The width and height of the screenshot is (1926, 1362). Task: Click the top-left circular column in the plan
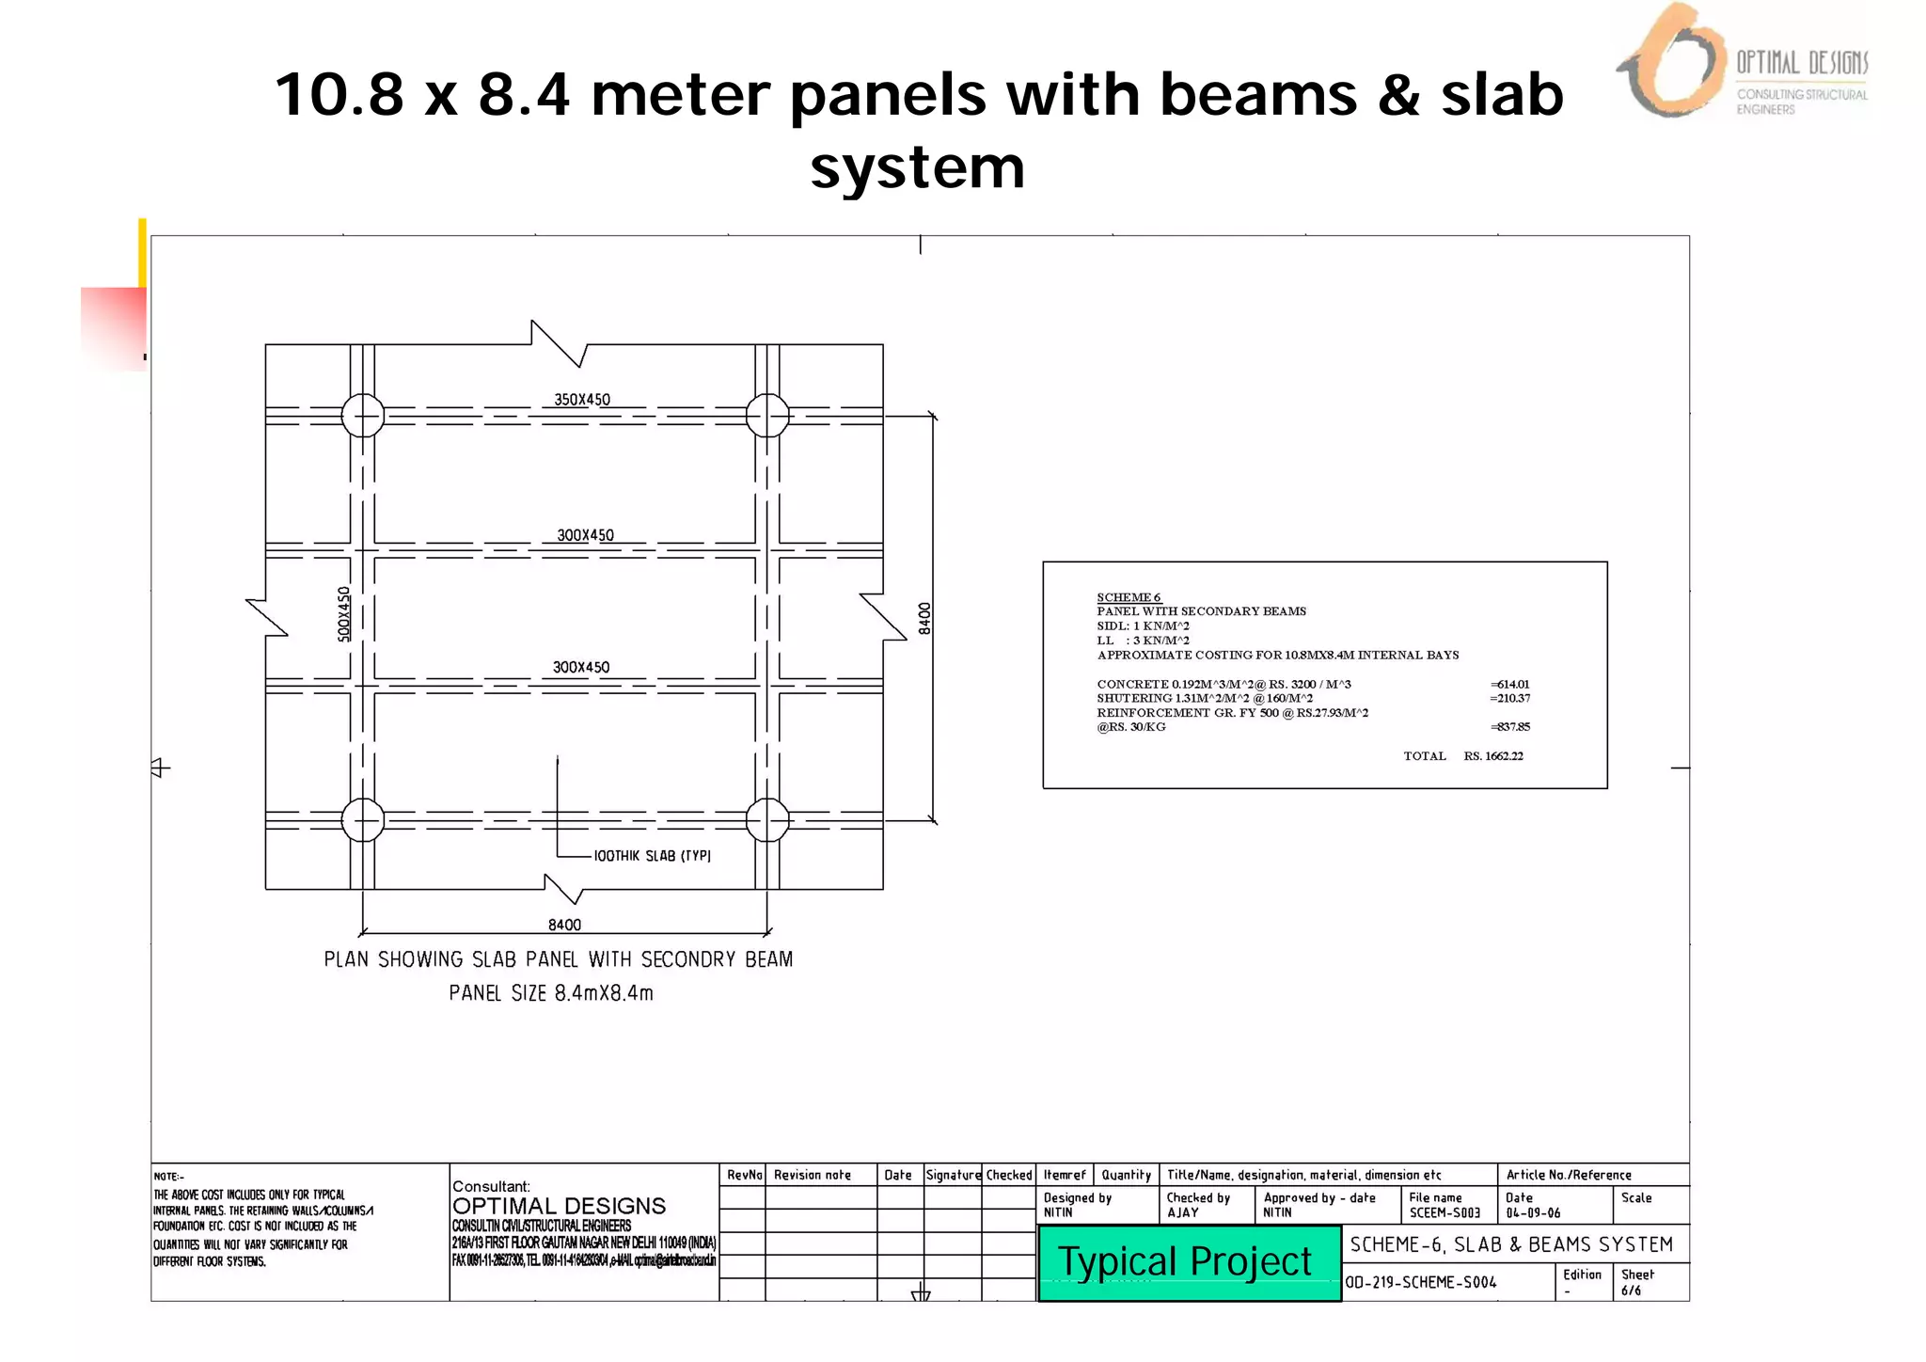click(363, 416)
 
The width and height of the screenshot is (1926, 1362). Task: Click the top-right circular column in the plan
click(767, 416)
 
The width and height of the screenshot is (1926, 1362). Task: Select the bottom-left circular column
click(363, 820)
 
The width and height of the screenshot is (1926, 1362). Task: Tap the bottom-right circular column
click(767, 820)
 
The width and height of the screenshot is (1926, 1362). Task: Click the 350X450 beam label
click(582, 400)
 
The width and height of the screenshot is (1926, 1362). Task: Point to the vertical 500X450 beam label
click(344, 614)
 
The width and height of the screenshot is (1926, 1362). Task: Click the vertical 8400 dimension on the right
click(924, 618)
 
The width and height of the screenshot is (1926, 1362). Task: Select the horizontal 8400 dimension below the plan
click(564, 925)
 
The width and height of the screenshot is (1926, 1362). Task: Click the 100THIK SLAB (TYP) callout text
click(652, 856)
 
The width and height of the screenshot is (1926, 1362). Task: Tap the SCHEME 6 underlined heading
click(1129, 597)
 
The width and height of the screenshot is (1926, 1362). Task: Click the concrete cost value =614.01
click(1509, 684)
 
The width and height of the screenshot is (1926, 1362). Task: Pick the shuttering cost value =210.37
click(1509, 698)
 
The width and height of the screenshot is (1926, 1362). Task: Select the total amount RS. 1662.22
click(1493, 755)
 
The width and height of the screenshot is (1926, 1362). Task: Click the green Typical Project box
click(1189, 1262)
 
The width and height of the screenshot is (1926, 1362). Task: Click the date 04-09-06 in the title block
click(1533, 1212)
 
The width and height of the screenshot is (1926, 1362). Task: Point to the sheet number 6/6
click(1631, 1291)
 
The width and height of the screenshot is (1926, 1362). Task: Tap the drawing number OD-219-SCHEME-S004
click(1420, 1282)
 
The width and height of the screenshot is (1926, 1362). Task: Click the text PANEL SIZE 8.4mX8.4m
click(551, 993)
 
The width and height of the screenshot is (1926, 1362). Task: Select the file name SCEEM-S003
click(1444, 1212)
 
